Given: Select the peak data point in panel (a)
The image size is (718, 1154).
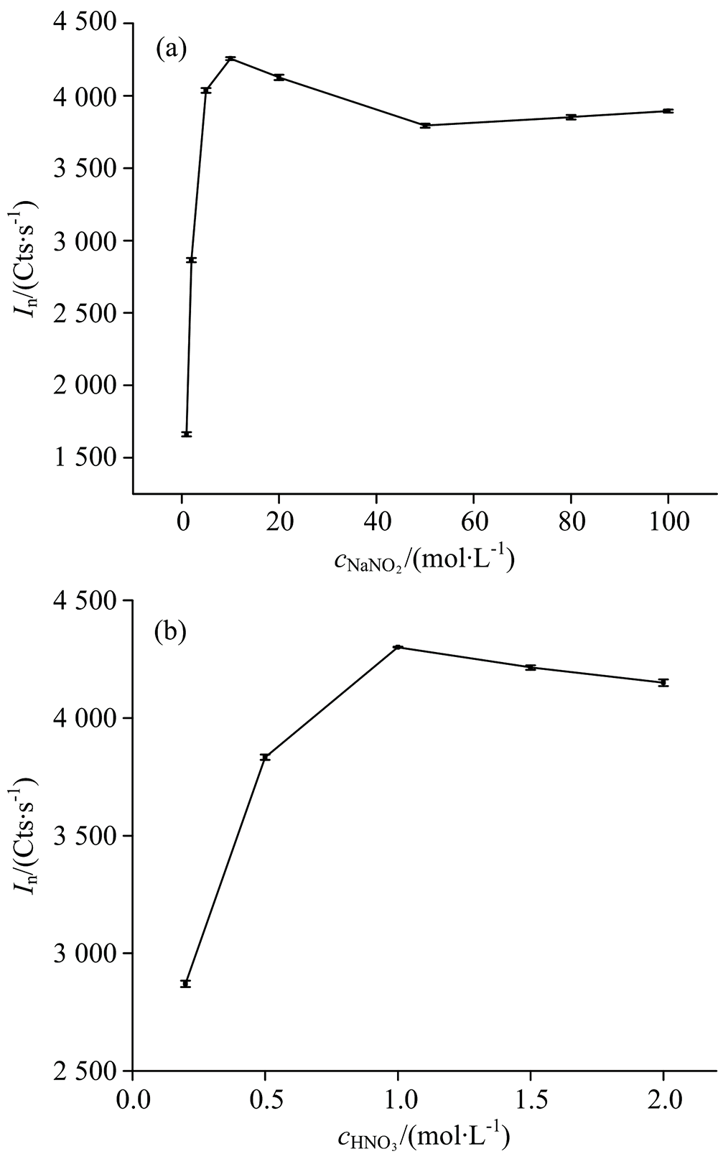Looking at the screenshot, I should click(x=230, y=58).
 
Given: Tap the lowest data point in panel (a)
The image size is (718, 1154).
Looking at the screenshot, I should click(x=187, y=434).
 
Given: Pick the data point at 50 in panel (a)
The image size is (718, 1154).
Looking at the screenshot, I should click(x=425, y=126).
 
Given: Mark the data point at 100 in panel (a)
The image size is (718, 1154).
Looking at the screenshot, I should click(x=668, y=111).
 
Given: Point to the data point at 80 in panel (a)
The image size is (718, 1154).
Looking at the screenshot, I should click(x=571, y=117).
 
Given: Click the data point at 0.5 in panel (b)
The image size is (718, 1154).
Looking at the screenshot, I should click(x=265, y=757).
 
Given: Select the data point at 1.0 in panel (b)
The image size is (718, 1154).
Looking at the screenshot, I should click(x=398, y=647).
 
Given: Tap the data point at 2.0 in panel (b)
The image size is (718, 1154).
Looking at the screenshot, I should click(x=663, y=682).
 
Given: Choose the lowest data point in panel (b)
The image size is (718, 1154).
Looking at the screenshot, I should click(x=185, y=983).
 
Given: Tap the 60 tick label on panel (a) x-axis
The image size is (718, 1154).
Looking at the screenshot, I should click(x=473, y=521).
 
